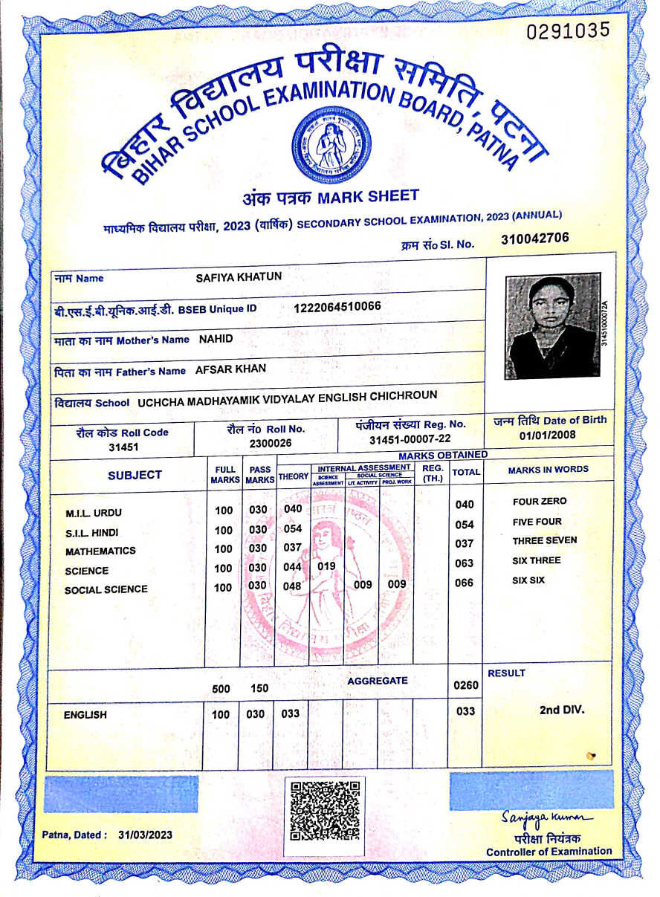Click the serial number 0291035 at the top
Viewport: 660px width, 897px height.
(x=568, y=30)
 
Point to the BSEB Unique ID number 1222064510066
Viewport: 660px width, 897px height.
(x=337, y=306)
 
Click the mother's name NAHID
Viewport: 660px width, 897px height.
(x=216, y=339)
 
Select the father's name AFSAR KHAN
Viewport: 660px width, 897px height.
(x=230, y=369)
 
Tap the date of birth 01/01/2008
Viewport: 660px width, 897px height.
(x=549, y=435)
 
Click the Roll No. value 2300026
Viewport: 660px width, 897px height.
(x=271, y=443)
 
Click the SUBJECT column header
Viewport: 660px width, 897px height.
(x=135, y=475)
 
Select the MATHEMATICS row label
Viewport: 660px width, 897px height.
(x=100, y=551)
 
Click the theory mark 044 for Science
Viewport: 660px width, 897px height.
(x=293, y=567)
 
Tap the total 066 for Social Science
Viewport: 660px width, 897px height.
(x=464, y=583)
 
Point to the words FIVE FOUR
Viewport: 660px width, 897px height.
(x=537, y=522)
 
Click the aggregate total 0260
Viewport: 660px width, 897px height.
(x=465, y=685)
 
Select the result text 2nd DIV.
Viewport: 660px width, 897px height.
(x=562, y=710)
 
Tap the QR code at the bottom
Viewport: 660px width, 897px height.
(x=325, y=810)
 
